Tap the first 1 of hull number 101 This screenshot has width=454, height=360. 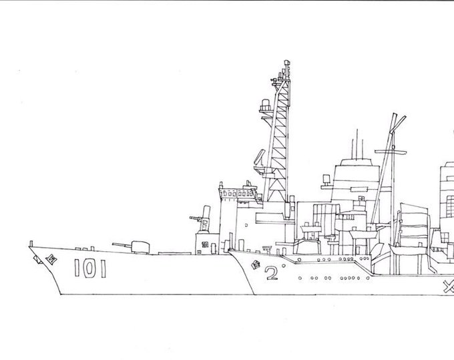pyautogui.click(x=77, y=268)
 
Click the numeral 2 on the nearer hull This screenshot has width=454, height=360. pyautogui.click(x=270, y=273)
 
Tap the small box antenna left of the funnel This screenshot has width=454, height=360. pyautogui.click(x=325, y=179)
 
